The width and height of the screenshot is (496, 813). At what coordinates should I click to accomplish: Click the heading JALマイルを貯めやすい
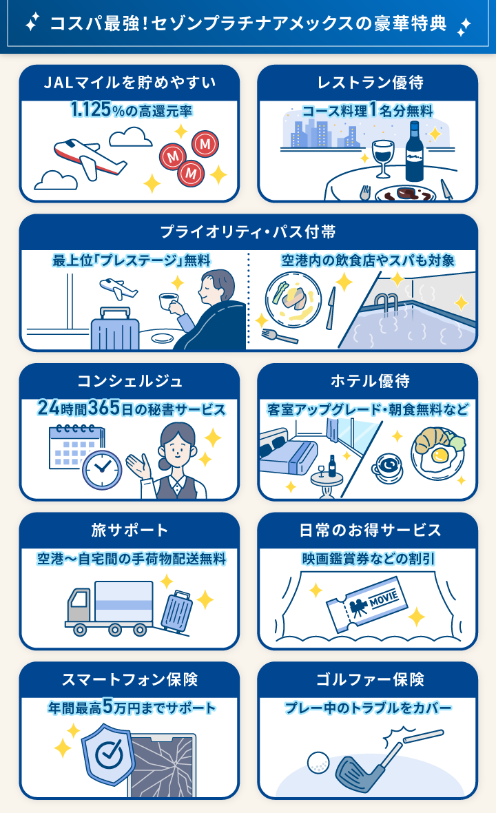pyautogui.click(x=130, y=83)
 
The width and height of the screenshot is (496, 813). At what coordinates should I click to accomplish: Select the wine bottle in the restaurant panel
pyautogui.click(x=414, y=153)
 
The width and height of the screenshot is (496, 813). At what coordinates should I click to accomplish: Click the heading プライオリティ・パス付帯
pyautogui.click(x=248, y=232)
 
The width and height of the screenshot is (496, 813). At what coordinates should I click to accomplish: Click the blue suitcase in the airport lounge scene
pyautogui.click(x=114, y=329)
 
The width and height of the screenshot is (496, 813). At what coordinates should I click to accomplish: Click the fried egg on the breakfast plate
pyautogui.click(x=438, y=456)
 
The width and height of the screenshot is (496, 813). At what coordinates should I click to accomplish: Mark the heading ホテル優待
pyautogui.click(x=367, y=381)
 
